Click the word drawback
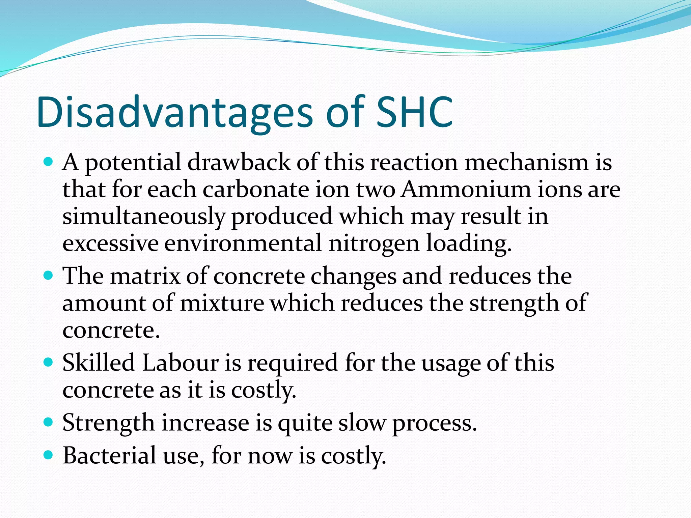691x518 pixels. tap(239, 163)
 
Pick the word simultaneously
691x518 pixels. tap(143, 217)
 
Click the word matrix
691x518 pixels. tap(145, 276)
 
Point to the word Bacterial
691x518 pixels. tap(110, 456)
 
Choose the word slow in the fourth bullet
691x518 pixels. tap(361, 423)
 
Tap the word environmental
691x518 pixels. tap(243, 243)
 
